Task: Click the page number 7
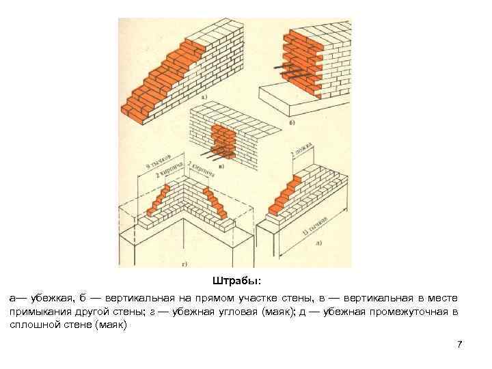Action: pos(460,344)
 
